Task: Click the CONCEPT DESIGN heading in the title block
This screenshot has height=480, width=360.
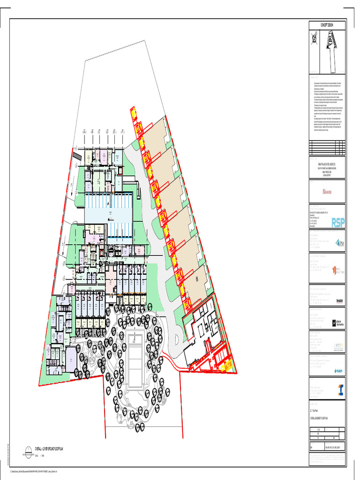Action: click(x=327, y=25)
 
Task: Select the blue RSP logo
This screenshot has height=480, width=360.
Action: click(x=338, y=222)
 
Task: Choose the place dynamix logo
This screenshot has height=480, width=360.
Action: click(x=338, y=323)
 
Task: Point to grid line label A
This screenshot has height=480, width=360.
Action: click(x=84, y=132)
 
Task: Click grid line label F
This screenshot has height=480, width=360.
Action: click(x=122, y=132)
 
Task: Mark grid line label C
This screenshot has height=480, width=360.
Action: click(x=99, y=132)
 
